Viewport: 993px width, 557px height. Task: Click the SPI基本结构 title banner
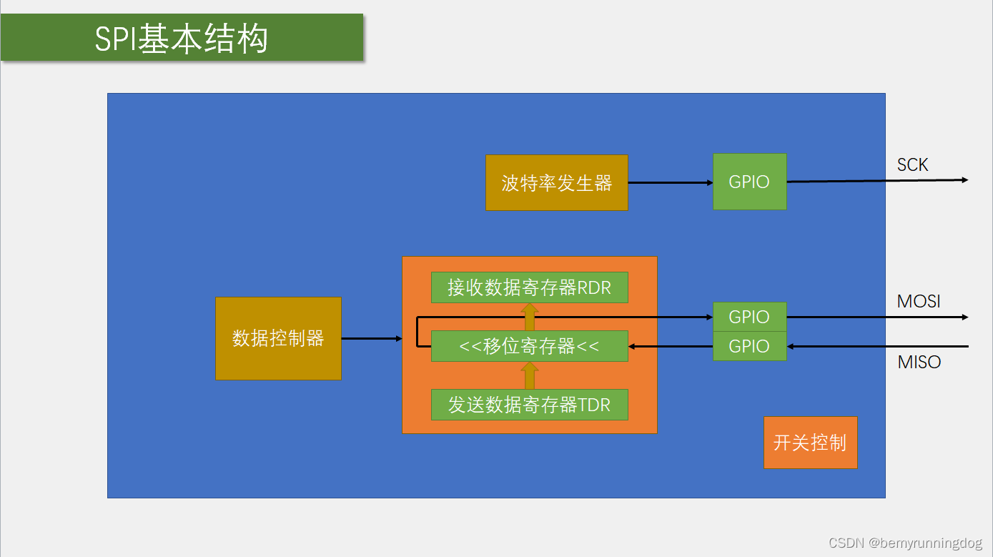click(x=182, y=38)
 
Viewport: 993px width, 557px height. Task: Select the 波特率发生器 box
click(x=557, y=183)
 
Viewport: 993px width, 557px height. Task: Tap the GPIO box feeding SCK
click(x=749, y=182)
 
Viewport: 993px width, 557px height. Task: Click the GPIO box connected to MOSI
click(x=749, y=317)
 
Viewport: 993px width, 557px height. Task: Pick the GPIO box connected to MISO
click(x=749, y=346)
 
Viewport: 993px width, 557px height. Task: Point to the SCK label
click(x=912, y=165)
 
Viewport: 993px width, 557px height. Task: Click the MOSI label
click(x=919, y=302)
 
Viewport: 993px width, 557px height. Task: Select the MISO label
click(x=919, y=363)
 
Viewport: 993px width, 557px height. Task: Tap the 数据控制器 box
click(x=278, y=338)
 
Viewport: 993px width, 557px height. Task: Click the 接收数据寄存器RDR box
click(x=530, y=287)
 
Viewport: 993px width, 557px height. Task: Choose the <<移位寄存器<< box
click(x=530, y=346)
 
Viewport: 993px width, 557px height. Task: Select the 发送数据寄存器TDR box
click(x=530, y=405)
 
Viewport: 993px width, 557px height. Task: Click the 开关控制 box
click(x=810, y=443)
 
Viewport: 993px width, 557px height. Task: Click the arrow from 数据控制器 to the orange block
click(x=372, y=338)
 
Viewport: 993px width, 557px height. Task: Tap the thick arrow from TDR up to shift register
click(x=530, y=375)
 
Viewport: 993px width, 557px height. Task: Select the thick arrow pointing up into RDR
click(x=530, y=317)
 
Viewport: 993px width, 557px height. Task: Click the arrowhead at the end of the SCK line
click(x=964, y=180)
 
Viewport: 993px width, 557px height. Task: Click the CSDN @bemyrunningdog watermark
click(x=905, y=543)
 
